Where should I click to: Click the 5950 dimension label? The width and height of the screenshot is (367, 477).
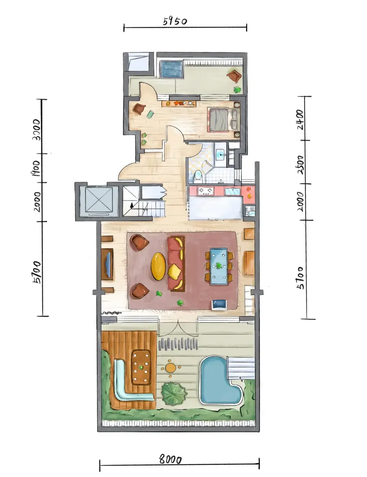pyautogui.click(x=175, y=21)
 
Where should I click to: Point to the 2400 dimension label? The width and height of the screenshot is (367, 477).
pyautogui.click(x=300, y=120)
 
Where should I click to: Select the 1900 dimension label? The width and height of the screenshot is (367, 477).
pyautogui.click(x=35, y=168)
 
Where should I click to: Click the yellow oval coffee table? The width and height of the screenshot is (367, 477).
pyautogui.click(x=158, y=266)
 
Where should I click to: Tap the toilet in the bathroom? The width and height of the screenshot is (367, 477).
pyautogui.click(x=198, y=176)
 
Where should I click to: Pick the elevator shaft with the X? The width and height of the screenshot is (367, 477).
pyautogui.click(x=99, y=200)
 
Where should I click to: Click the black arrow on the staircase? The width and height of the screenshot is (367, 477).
pyautogui.click(x=132, y=205)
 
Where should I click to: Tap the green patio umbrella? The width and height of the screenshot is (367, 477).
pyautogui.click(x=174, y=394)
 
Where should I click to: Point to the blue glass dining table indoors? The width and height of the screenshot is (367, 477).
pyautogui.click(x=219, y=266)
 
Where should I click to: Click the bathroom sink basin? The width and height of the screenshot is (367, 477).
pyautogui.click(x=221, y=155)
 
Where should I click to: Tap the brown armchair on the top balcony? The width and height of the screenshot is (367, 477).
pyautogui.click(x=234, y=76)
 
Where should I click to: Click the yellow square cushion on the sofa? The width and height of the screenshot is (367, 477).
pyautogui.click(x=174, y=272)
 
